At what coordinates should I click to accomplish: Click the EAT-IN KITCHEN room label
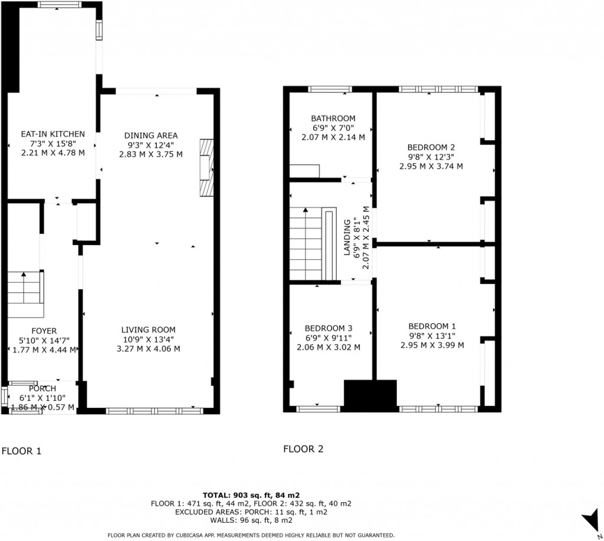(x=52, y=134)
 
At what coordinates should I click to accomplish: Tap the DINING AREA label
(x=150, y=136)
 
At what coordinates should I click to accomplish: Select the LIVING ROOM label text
(x=148, y=330)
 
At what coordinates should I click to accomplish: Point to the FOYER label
(x=44, y=331)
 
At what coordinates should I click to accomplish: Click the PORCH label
(x=42, y=388)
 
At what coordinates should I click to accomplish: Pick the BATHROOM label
(x=333, y=118)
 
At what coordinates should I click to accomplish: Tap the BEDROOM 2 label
(x=431, y=147)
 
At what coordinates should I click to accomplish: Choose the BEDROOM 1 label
(x=432, y=326)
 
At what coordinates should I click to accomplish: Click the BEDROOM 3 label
(x=329, y=328)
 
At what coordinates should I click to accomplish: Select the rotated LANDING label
(x=347, y=237)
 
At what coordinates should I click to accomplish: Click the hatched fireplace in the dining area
(x=206, y=168)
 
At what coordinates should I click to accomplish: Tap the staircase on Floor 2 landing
(x=313, y=244)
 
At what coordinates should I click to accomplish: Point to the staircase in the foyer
(x=25, y=294)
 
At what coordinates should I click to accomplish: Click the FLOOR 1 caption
(x=21, y=451)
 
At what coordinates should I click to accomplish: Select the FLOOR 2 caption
(x=303, y=449)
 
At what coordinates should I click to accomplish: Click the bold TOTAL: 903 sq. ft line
(x=251, y=495)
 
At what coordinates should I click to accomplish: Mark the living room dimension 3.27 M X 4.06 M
(x=148, y=349)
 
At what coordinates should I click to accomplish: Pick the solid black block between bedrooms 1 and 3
(x=370, y=395)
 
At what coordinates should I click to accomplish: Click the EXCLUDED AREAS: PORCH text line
(x=251, y=512)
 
